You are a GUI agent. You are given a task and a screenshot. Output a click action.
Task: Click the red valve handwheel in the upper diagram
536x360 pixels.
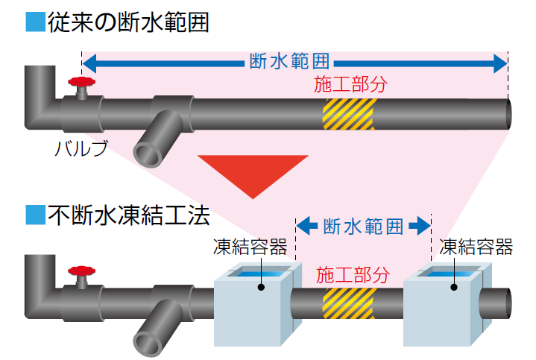pyautogui.click(x=81, y=82)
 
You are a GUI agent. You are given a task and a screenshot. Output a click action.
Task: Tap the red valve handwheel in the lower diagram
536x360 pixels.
pyautogui.click(x=81, y=271)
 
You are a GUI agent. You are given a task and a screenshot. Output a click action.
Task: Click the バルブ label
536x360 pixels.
pyautogui.click(x=81, y=148)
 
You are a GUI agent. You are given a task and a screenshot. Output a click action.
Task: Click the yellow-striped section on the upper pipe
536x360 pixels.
pyautogui.click(x=349, y=114)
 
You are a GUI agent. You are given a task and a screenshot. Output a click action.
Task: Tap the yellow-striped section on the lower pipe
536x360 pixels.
pyautogui.click(x=349, y=303)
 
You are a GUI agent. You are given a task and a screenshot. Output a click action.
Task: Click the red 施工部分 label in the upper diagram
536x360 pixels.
pyautogui.click(x=350, y=84)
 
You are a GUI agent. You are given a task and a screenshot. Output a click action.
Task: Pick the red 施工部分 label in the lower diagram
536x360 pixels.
pyautogui.click(x=353, y=275)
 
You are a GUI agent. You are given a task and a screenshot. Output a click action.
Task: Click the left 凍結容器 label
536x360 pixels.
pyautogui.click(x=250, y=247)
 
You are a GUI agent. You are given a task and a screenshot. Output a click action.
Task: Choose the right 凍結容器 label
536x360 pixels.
pyautogui.click(x=476, y=247)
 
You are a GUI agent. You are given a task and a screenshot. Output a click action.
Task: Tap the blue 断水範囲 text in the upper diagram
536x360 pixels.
pyautogui.click(x=289, y=62)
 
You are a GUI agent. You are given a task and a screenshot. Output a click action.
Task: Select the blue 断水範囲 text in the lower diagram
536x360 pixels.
pyautogui.click(x=363, y=227)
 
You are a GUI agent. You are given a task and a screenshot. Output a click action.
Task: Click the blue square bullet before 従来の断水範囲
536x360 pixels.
pyautogui.click(x=36, y=22)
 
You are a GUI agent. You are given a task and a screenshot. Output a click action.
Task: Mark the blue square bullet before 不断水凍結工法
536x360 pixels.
pyautogui.click(x=36, y=215)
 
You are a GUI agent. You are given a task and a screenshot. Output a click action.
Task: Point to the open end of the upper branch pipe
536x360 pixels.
pyautogui.click(x=148, y=156)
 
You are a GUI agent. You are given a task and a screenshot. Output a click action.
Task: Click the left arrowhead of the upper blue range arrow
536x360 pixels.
pyautogui.click(x=89, y=63)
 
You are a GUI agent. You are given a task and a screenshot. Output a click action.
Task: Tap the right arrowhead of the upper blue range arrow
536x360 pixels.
pyautogui.click(x=500, y=63)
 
